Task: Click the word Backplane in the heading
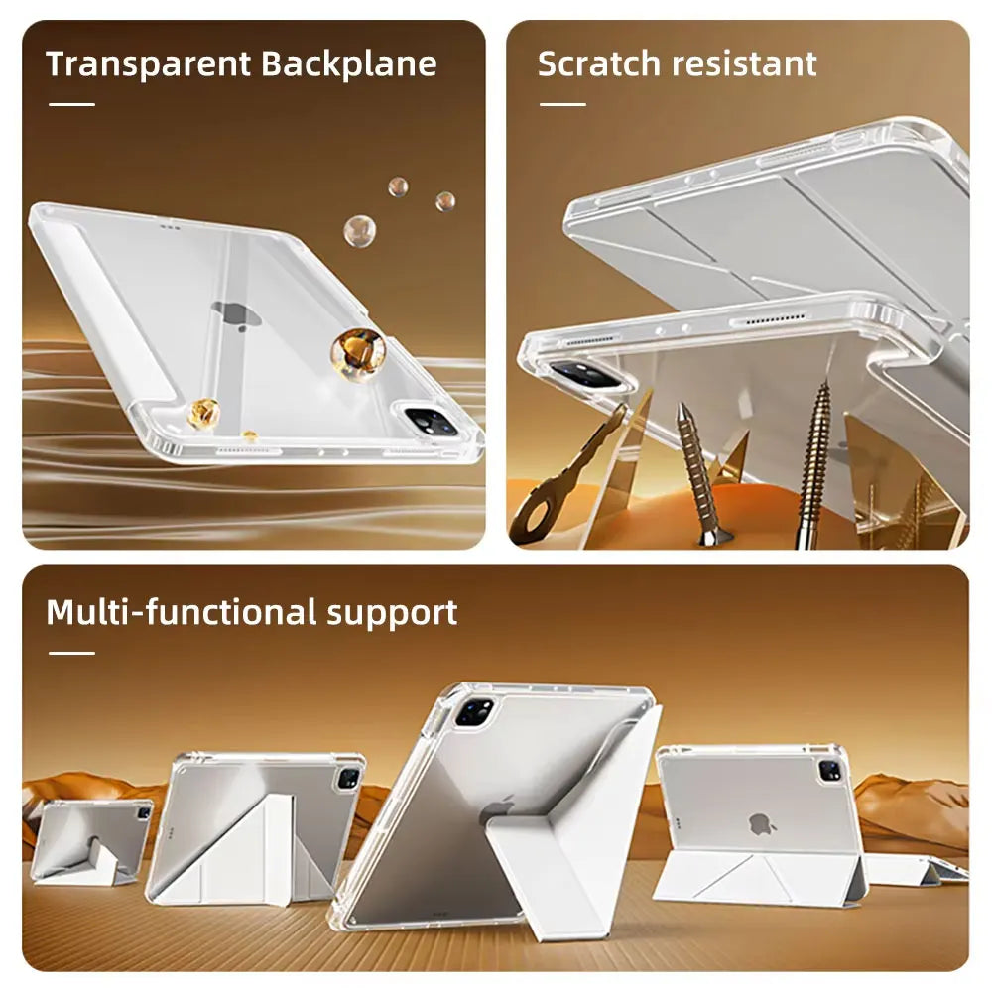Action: (349, 64)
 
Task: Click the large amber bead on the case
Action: (357, 352)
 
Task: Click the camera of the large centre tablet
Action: (474, 712)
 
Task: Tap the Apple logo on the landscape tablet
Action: (760, 823)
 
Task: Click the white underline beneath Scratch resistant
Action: (562, 104)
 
